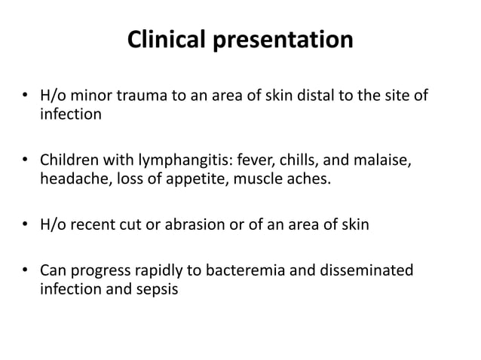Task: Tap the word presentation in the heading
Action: (286, 41)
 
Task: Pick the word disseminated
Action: (368, 270)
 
